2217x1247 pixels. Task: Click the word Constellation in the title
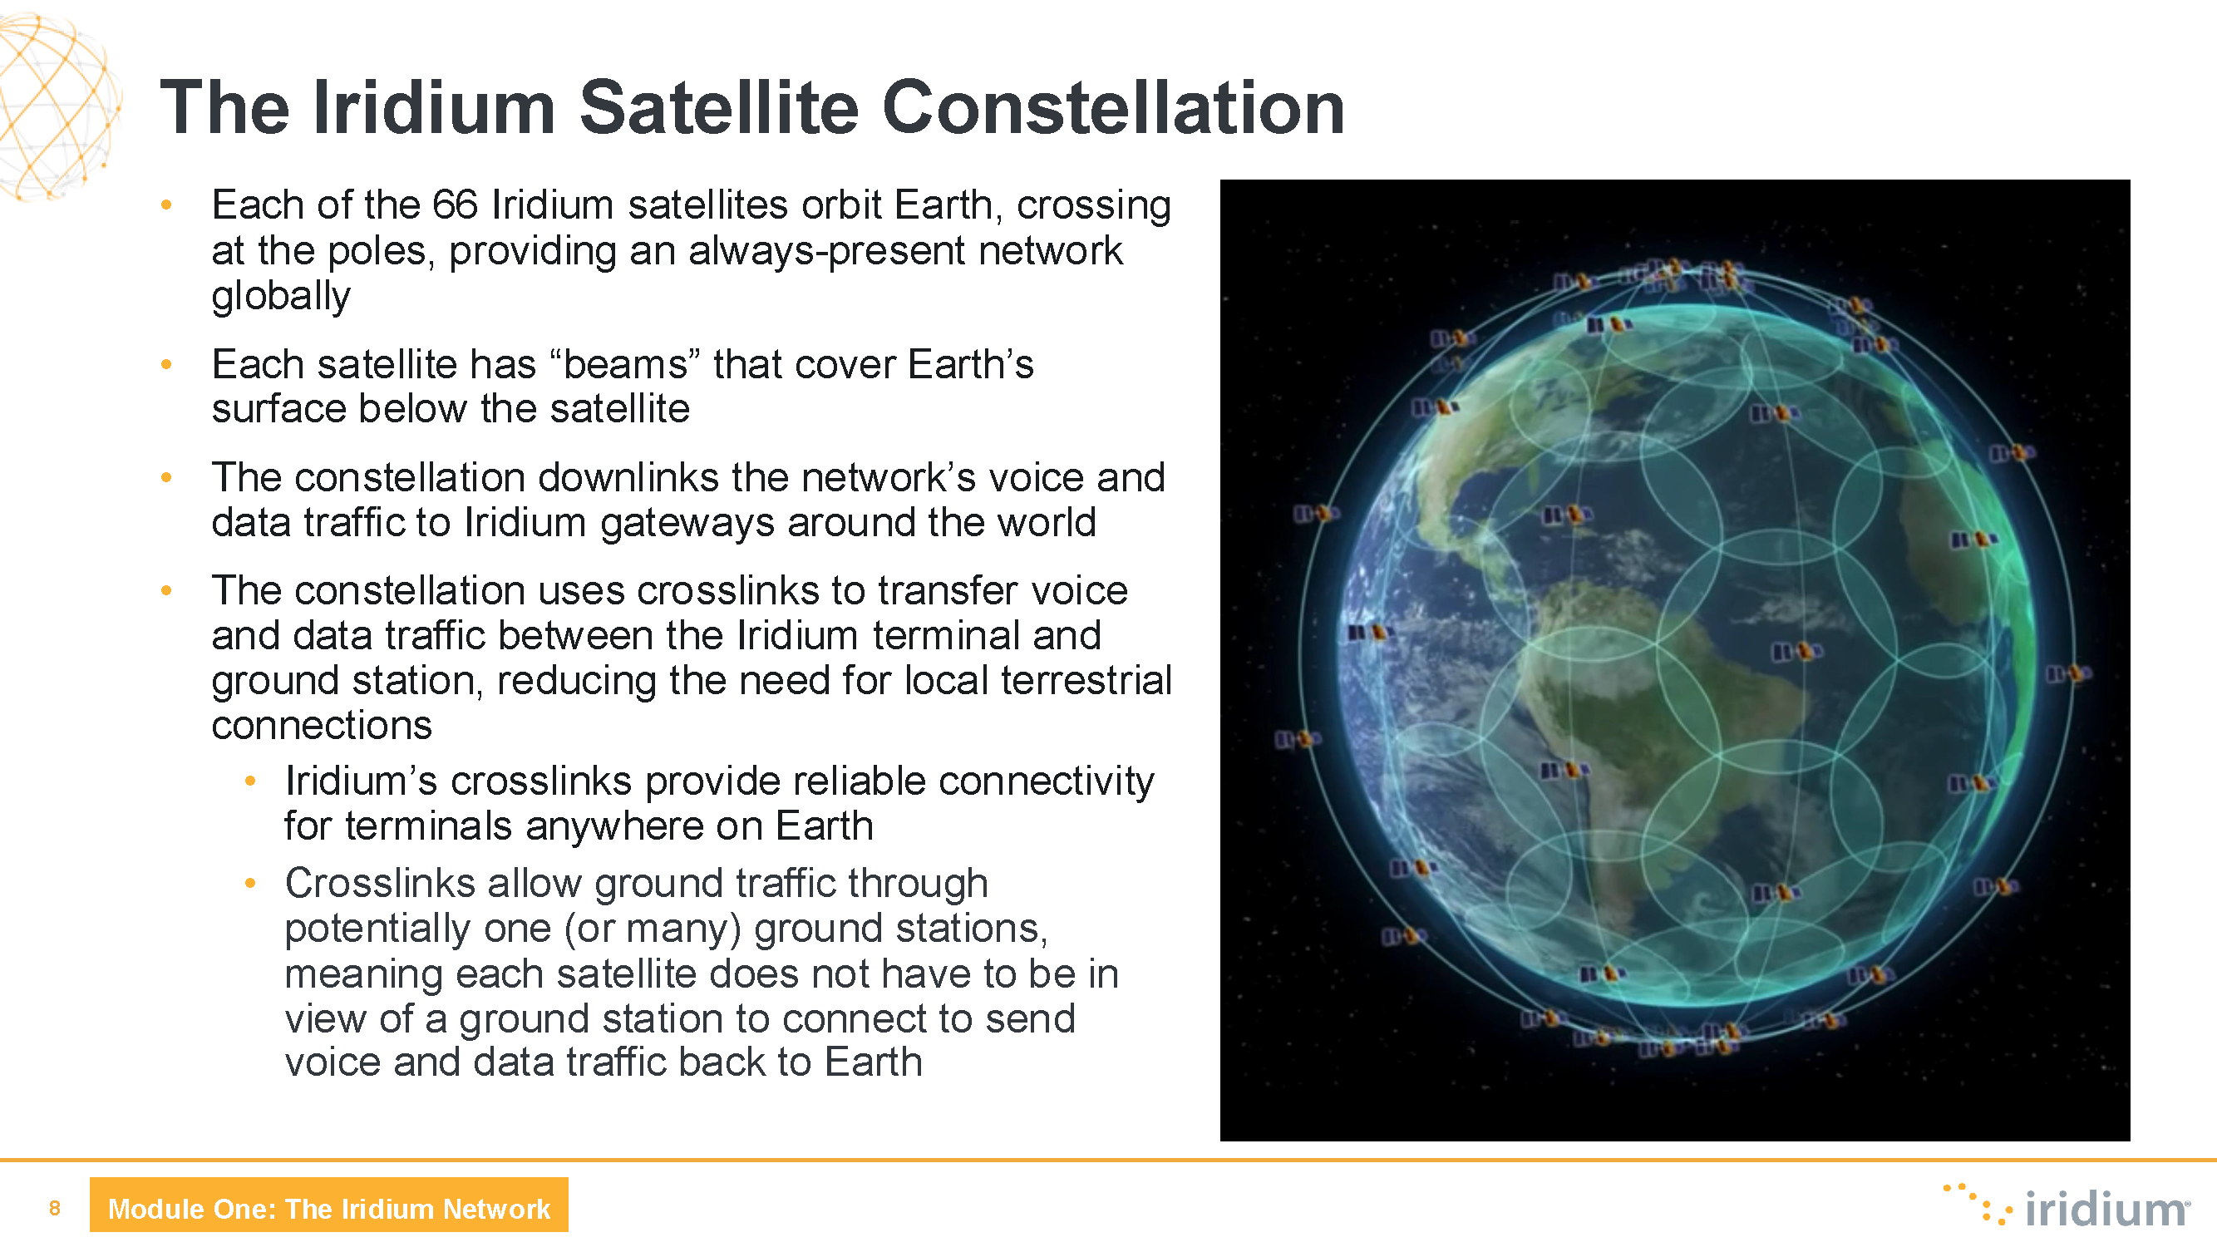1113,107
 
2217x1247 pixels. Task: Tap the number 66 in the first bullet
454,205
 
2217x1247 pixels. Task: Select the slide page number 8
55,1207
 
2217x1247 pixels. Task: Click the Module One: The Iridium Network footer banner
328,1205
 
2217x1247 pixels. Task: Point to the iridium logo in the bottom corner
2065,1205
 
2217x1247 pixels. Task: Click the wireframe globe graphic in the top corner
57,106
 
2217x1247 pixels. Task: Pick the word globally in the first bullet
281,297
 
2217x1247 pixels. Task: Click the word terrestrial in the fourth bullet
1086,681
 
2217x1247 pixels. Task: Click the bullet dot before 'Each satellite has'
166,365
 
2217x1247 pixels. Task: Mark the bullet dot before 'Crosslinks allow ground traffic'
250,883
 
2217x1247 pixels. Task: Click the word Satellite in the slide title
718,107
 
